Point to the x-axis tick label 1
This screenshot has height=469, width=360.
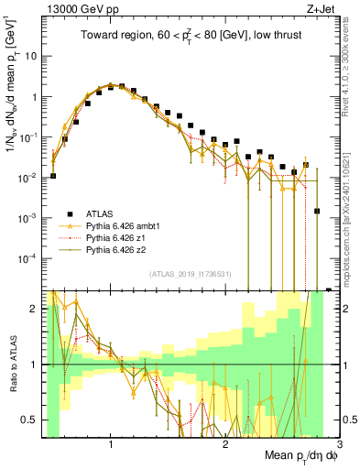coord(111,444)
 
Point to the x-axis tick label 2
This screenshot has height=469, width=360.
coord(225,444)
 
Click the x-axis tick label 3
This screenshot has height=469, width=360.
coord(338,444)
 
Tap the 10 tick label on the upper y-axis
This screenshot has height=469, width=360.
coord(30,56)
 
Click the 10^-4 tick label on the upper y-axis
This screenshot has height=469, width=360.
coord(27,258)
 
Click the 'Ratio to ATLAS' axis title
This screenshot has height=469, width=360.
coord(10,364)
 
